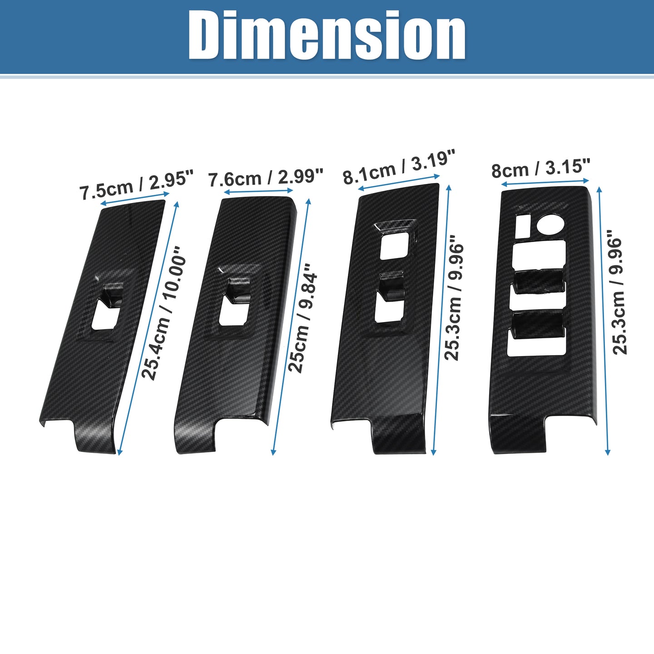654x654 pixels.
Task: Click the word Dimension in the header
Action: point(327,36)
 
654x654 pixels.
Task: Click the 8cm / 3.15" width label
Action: point(541,170)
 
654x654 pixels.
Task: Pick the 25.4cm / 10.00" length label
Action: point(164,313)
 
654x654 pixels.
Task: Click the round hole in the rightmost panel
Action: point(550,225)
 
